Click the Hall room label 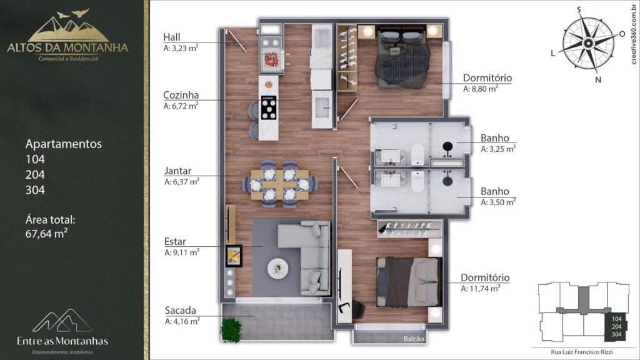coord(172,37)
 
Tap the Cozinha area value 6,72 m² coord(181,106)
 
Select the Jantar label coord(177,171)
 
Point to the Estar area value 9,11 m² coord(182,252)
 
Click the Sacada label coord(181,310)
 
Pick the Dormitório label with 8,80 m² coord(487,77)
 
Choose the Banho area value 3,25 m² coord(498,149)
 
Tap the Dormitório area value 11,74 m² coord(481,288)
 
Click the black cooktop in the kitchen coord(269,107)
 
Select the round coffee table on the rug coord(278,269)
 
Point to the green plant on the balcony coord(231,329)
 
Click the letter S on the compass coord(579,10)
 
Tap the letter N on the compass coord(598,79)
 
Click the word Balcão coord(414,339)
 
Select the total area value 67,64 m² coord(46,234)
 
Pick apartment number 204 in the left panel coord(35,175)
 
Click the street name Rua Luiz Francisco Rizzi coord(582,352)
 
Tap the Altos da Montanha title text coord(67,47)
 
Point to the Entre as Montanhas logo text coord(62,341)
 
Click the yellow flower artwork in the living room coord(234,256)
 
